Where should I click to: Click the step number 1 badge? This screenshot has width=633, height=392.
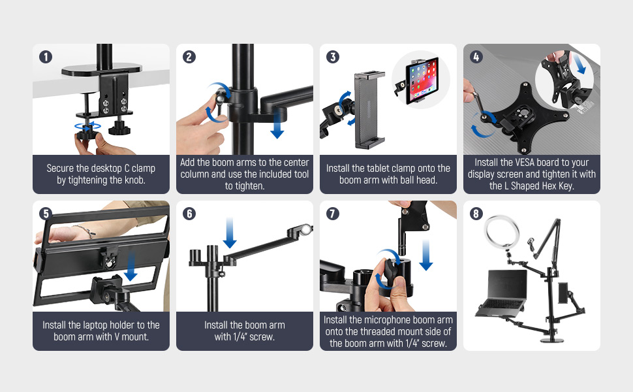[x=46, y=56]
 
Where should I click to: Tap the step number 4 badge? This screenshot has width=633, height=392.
[x=476, y=56]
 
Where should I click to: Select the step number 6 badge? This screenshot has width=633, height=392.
[x=189, y=213]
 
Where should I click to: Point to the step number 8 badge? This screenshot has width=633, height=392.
[x=476, y=213]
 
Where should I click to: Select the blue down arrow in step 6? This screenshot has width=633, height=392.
[x=229, y=233]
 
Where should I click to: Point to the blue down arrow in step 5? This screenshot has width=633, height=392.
[x=131, y=267]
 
